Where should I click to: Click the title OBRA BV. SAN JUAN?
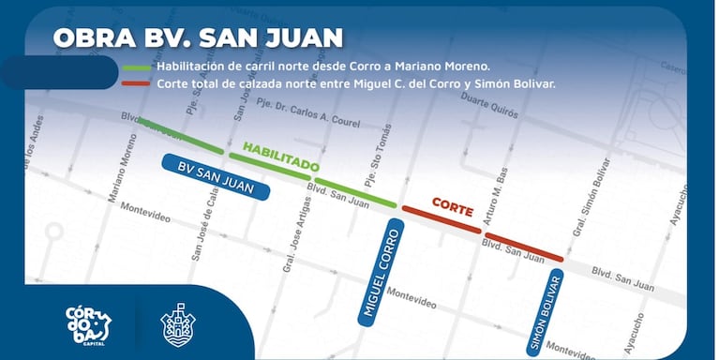point(198,38)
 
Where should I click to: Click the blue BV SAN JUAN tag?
point(216,176)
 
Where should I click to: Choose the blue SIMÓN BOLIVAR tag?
point(547,313)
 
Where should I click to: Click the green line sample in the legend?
point(137,67)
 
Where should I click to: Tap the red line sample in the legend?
point(137,83)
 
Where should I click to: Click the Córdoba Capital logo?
point(89,323)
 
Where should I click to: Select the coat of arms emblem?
point(178,324)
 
